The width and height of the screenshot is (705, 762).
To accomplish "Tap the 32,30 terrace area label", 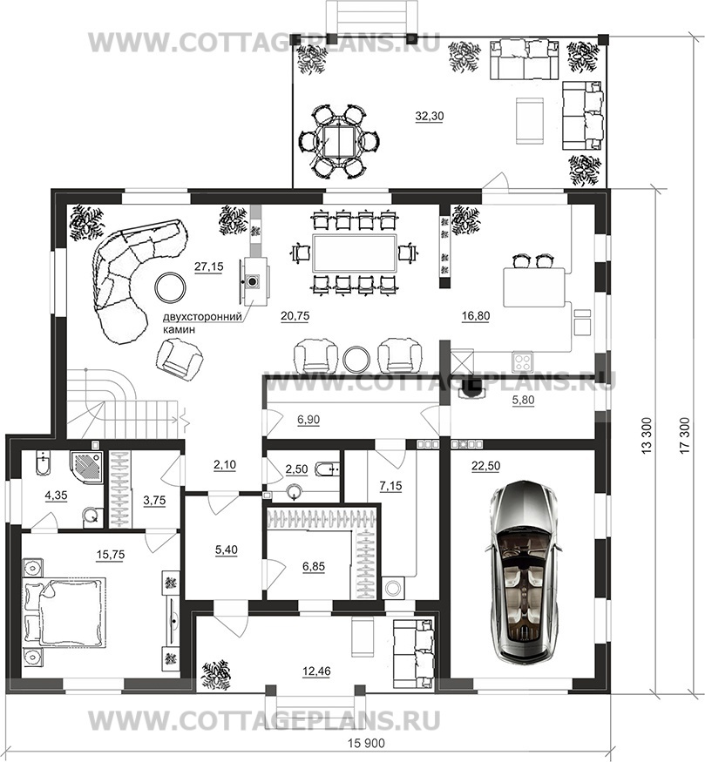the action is pyautogui.click(x=430, y=116).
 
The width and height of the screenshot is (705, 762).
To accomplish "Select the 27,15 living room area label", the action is pyautogui.click(x=208, y=266).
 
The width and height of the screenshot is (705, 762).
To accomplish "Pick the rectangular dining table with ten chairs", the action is pyautogui.click(x=355, y=253).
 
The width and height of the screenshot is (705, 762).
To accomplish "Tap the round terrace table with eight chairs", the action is pyautogui.click(x=340, y=140).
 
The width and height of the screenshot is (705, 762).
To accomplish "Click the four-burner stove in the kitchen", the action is pyautogui.click(x=523, y=362).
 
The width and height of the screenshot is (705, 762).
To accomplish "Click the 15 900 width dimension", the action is pyautogui.click(x=366, y=744).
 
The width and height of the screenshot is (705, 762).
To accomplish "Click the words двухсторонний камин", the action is pyautogui.click(x=202, y=323).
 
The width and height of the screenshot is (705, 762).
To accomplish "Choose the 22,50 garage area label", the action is pyautogui.click(x=485, y=466).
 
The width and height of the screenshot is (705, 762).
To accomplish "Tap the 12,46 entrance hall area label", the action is pyautogui.click(x=316, y=671).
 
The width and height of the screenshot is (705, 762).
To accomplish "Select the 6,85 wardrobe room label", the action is pyautogui.click(x=314, y=566).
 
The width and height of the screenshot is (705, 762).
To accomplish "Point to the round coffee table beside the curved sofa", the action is pyautogui.click(x=170, y=287).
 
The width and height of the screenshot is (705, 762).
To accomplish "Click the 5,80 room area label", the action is pyautogui.click(x=522, y=401).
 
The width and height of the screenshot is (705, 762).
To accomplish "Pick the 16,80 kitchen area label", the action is pyautogui.click(x=476, y=315).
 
